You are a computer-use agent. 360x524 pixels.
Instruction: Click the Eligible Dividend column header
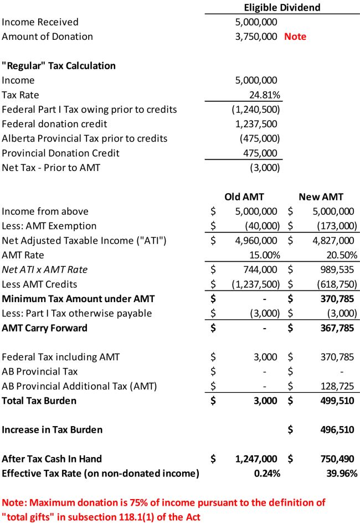(x=282, y=7)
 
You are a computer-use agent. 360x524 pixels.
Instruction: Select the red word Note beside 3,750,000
(x=295, y=37)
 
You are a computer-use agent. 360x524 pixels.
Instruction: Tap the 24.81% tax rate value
(x=263, y=95)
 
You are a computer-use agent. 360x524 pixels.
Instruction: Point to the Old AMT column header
(x=244, y=196)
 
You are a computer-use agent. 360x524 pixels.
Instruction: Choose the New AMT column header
(x=321, y=196)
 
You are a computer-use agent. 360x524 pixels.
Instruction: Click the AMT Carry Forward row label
(x=44, y=328)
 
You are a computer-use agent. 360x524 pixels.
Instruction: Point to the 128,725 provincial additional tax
(x=337, y=386)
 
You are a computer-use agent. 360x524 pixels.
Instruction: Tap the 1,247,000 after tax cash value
(x=254, y=459)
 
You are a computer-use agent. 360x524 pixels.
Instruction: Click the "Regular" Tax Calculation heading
(x=59, y=65)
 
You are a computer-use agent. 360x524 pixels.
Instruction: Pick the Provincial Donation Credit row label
(x=60, y=153)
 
